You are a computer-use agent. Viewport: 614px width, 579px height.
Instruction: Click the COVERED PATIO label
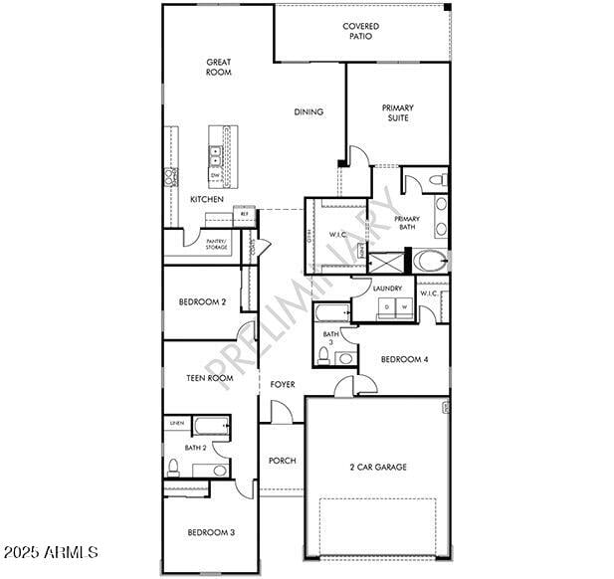tap(360, 31)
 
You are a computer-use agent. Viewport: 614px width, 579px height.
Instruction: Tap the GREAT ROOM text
tap(218, 67)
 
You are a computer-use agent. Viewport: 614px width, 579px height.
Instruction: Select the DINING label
tap(308, 112)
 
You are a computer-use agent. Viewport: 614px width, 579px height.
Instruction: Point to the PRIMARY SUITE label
tap(397, 112)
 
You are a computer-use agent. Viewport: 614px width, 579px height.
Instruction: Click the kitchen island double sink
tap(215, 154)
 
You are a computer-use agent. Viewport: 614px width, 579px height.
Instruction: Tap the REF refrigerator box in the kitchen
tap(244, 214)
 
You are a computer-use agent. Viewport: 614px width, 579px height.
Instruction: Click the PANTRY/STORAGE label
tap(215, 244)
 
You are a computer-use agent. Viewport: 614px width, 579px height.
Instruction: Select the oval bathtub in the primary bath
tap(432, 262)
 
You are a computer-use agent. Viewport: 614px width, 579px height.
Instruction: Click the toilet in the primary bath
tap(439, 180)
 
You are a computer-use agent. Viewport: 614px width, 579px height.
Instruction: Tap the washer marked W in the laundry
tap(404, 307)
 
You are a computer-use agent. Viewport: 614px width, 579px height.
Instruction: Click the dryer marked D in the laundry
tap(388, 307)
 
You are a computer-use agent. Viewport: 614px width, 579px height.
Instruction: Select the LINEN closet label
tap(176, 424)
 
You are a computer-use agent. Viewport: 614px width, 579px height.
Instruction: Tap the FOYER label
tap(283, 384)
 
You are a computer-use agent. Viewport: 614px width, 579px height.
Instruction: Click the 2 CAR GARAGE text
tap(377, 467)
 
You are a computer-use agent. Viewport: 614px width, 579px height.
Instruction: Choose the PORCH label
tap(283, 461)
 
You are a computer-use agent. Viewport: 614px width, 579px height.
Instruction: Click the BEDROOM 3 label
tap(211, 532)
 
